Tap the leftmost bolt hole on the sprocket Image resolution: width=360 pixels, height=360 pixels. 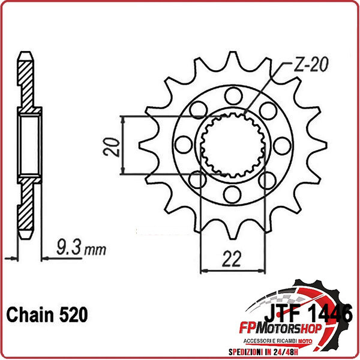[182, 143]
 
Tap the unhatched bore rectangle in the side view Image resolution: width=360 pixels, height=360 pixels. [29, 145]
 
